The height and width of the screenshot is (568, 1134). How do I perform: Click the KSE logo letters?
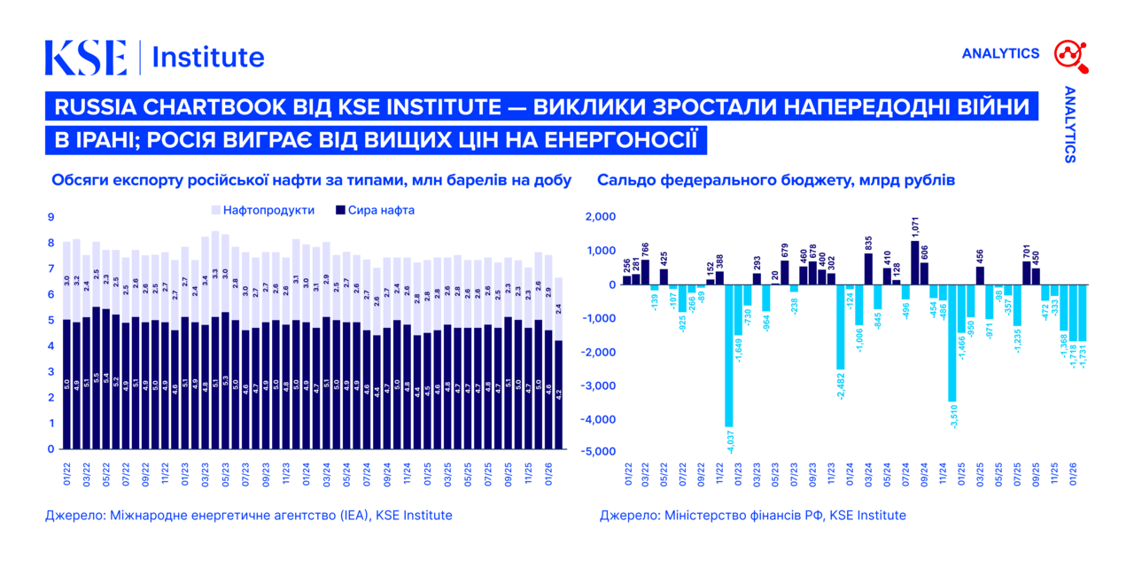(86, 57)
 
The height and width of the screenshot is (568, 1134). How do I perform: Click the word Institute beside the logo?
(208, 57)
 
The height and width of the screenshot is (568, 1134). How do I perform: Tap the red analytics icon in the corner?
(1069, 55)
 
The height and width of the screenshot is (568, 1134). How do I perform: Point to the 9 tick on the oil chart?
(50, 217)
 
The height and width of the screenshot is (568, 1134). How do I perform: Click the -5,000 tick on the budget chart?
(596, 452)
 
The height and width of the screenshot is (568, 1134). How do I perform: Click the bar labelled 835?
(868, 268)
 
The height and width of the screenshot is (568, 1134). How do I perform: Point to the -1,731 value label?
(1083, 355)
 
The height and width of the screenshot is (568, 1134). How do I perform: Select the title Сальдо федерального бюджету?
(775, 180)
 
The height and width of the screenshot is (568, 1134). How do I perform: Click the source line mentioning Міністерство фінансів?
(752, 515)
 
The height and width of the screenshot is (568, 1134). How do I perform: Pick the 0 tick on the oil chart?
(50, 449)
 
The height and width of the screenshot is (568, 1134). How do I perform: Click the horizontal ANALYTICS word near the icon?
(1000, 54)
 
